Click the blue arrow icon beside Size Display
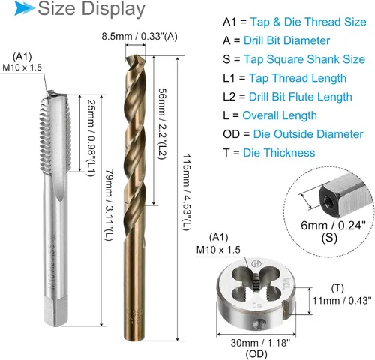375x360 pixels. tap(24, 8)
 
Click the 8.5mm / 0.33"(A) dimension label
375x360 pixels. tap(139, 37)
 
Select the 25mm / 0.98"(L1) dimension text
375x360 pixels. tap(91, 138)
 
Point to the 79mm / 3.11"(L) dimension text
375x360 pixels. tap(109, 205)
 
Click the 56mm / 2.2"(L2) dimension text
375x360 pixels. tap(162, 124)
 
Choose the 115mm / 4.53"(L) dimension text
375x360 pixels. tap(186, 193)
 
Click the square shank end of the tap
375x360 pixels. tap(55, 310)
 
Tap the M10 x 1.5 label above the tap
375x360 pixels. tap(22, 67)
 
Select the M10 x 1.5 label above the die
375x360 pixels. tap(218, 250)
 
